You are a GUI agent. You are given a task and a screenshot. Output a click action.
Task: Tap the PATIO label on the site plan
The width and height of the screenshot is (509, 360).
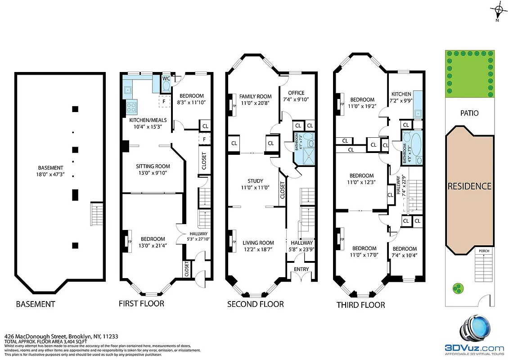469,113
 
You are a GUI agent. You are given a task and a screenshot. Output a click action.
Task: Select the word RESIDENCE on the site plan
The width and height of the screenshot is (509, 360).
469,186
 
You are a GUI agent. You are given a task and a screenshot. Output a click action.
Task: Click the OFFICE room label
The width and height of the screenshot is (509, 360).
297,93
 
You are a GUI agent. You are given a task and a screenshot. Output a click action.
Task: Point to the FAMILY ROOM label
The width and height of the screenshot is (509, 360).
255,96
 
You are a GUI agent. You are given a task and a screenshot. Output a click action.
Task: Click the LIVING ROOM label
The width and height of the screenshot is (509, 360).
259,243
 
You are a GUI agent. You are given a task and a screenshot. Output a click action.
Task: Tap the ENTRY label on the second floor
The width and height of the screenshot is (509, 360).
302,269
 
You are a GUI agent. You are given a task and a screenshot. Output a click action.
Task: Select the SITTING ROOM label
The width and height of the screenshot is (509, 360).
153,166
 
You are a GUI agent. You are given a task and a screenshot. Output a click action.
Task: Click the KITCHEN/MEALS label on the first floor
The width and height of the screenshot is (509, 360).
148,120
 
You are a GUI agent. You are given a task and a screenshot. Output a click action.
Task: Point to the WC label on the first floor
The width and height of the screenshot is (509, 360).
166,78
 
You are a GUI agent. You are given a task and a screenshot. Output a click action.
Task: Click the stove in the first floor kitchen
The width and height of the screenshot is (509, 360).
131,107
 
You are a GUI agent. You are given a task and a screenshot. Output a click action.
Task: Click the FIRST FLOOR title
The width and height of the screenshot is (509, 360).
141,303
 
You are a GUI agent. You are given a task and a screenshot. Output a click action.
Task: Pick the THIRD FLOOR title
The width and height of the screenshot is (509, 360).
360,305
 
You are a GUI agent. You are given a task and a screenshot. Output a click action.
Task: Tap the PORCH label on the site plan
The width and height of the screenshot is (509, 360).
484,251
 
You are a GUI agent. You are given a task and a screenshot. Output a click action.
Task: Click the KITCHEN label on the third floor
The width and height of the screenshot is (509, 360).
401,94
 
